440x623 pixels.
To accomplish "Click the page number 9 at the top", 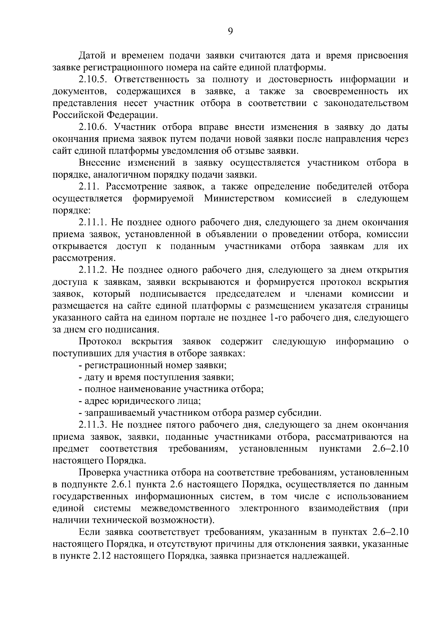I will click(230, 32).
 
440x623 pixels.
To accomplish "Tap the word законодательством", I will click(366, 103).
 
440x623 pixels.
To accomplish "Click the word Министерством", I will click(239, 199).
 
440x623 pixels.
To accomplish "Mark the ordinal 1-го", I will click(278, 318).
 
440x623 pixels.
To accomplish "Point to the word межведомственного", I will click(185, 509).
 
